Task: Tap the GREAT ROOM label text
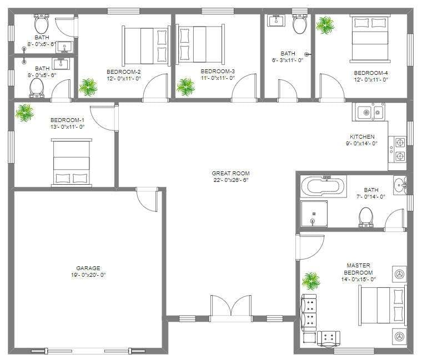click(x=230, y=173)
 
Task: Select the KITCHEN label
click(x=362, y=136)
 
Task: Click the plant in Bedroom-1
click(x=24, y=113)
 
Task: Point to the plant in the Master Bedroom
click(x=311, y=281)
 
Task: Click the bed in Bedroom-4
click(x=370, y=38)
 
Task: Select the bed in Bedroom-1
click(x=71, y=161)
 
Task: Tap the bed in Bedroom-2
click(x=146, y=45)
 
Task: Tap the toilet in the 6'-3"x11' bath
click(x=299, y=24)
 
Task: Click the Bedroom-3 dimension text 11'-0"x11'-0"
click(x=218, y=79)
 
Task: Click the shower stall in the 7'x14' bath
click(x=314, y=214)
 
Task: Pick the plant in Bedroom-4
click(x=325, y=24)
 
